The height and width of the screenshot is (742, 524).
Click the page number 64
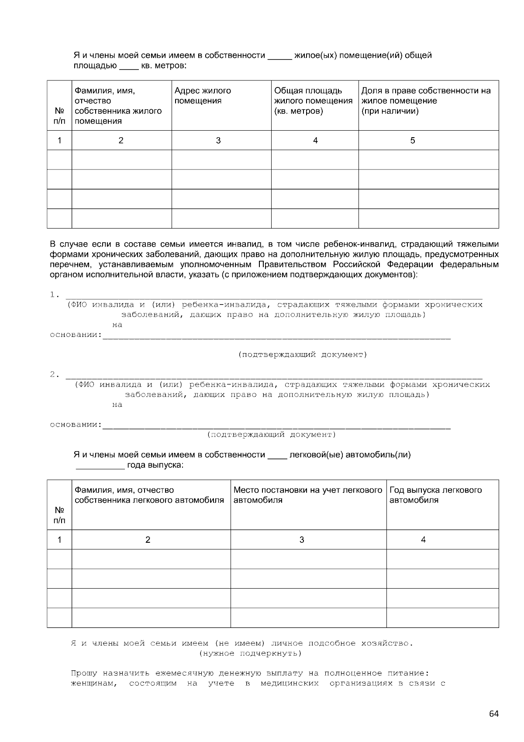pos(493,714)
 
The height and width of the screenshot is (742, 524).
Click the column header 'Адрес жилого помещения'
pos(203,96)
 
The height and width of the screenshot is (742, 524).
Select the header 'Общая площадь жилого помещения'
pos(313,101)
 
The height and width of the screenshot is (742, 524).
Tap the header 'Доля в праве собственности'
pos(426,101)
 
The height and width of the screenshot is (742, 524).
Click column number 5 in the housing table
pos(412,140)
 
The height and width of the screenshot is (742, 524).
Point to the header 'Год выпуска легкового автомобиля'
pos(435,495)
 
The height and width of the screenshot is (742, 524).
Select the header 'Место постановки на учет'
pos(308,495)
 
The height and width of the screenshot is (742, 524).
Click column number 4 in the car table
pos(423,540)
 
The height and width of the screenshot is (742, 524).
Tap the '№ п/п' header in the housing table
pos(59,116)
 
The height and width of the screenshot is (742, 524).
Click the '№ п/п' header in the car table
pos(59,515)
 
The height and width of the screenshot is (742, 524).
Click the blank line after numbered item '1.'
pos(273,296)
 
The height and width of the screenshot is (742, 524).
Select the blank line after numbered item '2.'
pos(273,376)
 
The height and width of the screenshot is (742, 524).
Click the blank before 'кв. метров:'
pos(128,67)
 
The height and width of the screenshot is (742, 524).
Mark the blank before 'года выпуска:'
pos(100,466)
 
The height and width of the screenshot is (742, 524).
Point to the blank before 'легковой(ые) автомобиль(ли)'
pos(277,455)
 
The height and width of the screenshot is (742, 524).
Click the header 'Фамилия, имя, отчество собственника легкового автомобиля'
pos(149,495)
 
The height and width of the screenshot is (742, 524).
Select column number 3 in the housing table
pos(218,140)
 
